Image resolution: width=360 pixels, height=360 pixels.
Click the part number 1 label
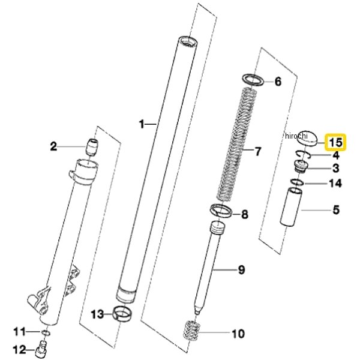pyautogui.click(x=142, y=124)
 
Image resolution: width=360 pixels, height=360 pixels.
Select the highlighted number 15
pyautogui.click(x=335, y=143)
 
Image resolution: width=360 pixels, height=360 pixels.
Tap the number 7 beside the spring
pyautogui.click(x=258, y=151)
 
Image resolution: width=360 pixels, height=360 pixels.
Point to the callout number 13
pyautogui.click(x=97, y=314)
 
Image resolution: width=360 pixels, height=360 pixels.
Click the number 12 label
pyautogui.click(x=19, y=349)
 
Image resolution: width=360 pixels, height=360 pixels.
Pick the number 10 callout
pyautogui.click(x=238, y=333)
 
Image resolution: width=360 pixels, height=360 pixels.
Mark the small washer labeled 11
pyautogui.click(x=46, y=332)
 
